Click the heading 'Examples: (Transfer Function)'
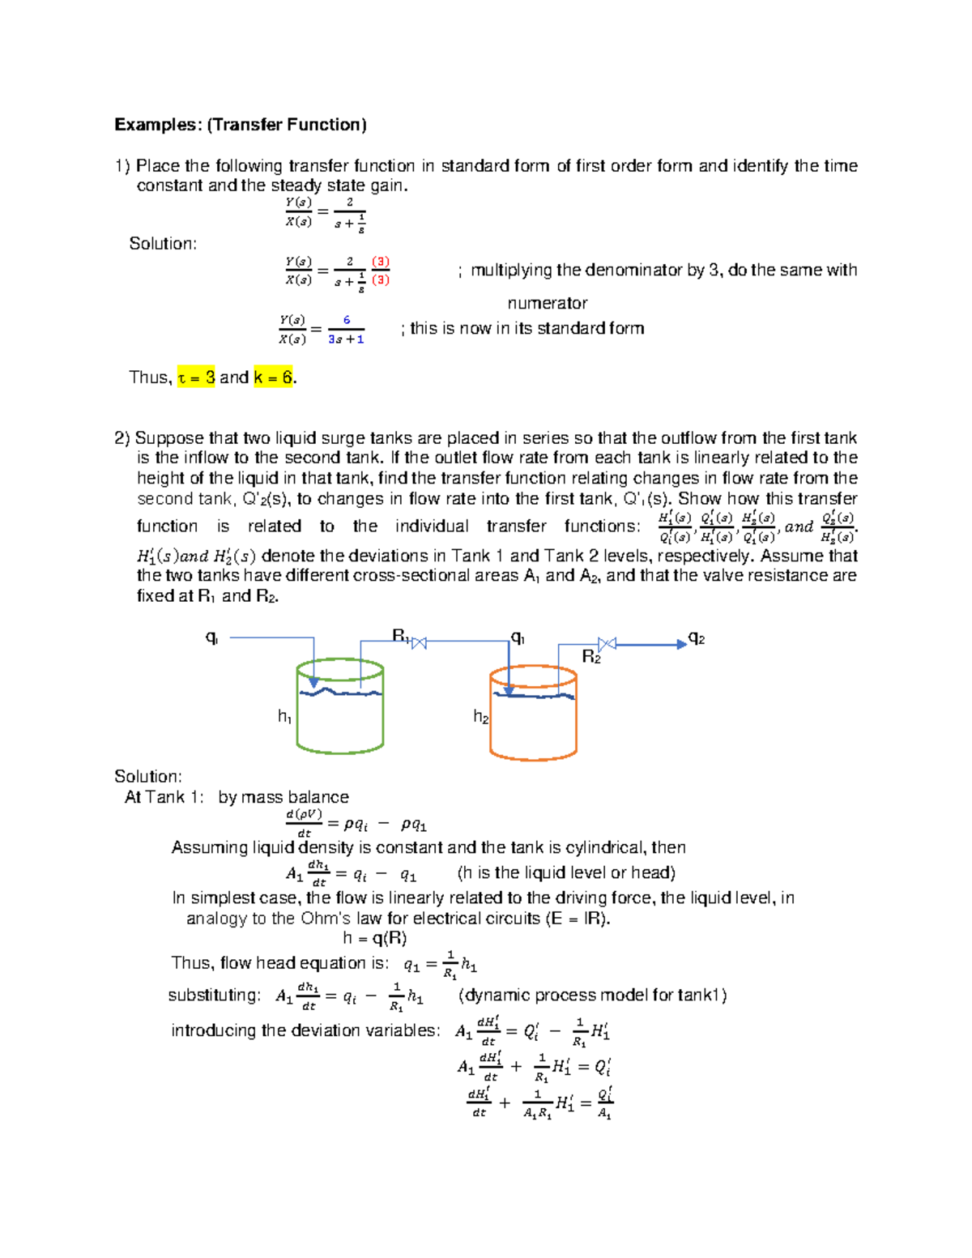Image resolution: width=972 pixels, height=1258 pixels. tap(241, 125)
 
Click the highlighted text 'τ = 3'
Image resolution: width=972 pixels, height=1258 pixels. tap(196, 377)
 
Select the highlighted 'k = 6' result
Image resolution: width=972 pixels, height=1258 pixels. tap(273, 377)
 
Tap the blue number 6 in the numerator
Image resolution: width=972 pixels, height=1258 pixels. tap(347, 320)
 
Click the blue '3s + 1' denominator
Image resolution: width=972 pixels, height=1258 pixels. tap(346, 339)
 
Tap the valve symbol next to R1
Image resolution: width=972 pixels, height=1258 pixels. tap(419, 643)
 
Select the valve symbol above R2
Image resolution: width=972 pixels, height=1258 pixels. tap(607, 644)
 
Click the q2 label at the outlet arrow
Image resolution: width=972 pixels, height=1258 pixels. tap(697, 639)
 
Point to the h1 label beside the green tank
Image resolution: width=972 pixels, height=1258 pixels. tap(285, 716)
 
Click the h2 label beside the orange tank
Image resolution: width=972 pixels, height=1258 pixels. tap(481, 717)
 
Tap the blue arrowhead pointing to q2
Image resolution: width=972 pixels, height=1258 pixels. tap(681, 645)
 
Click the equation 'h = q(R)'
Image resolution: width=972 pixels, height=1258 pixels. tap(374, 938)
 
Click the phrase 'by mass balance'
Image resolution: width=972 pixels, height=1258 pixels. tap(283, 797)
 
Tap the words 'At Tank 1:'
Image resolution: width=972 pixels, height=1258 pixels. tap(164, 797)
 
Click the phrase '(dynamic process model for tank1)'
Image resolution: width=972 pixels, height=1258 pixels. tap(592, 996)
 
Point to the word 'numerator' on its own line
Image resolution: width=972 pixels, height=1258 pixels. tap(548, 304)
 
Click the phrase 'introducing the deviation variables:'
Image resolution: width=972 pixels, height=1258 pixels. tap(305, 1030)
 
